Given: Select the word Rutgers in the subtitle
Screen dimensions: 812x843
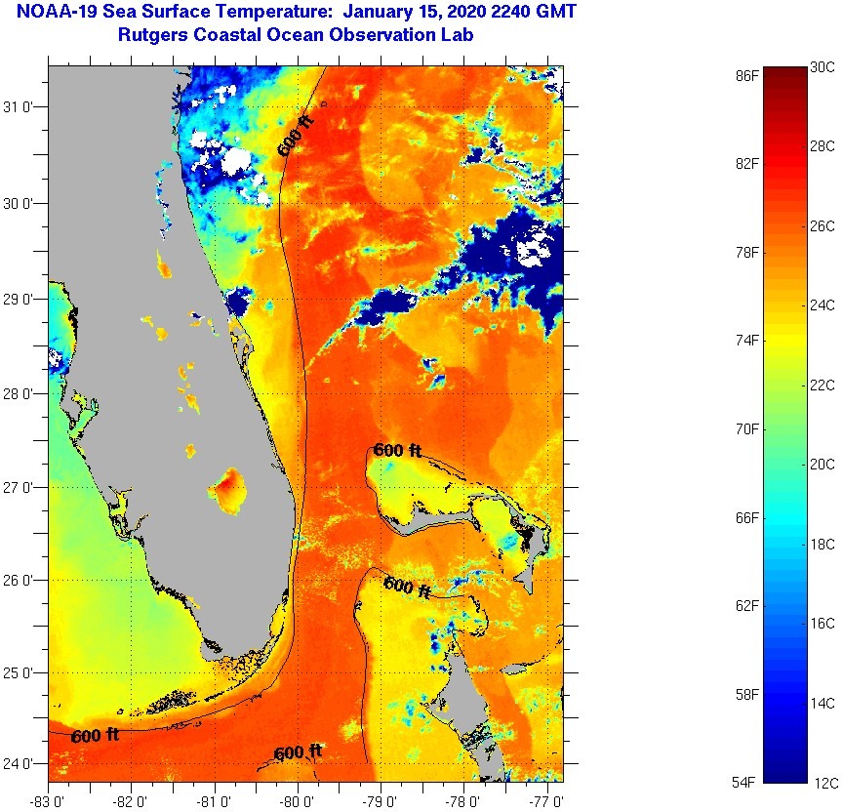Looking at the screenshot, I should pyautogui.click(x=149, y=35).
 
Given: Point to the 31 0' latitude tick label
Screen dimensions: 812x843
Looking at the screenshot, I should pyautogui.click(x=21, y=107).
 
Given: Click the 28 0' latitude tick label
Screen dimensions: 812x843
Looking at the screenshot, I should pyautogui.click(x=21, y=393).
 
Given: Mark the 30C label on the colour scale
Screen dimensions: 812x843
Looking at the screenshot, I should pyautogui.click(x=823, y=66).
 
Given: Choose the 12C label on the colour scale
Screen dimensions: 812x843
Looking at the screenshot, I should pyautogui.click(x=823, y=782).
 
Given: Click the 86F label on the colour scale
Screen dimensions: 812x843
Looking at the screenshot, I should pyautogui.click(x=748, y=74).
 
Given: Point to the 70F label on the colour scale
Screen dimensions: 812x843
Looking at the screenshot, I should pyautogui.click(x=748, y=428).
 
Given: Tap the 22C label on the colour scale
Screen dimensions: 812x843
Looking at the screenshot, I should pyautogui.click(x=823, y=385).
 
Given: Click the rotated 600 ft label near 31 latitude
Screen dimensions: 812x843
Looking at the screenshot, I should pyautogui.click(x=297, y=136).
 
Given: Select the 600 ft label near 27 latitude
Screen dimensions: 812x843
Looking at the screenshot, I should pyautogui.click(x=398, y=451).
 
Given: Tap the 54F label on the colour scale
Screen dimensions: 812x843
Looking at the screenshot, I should pyautogui.click(x=748, y=782).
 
